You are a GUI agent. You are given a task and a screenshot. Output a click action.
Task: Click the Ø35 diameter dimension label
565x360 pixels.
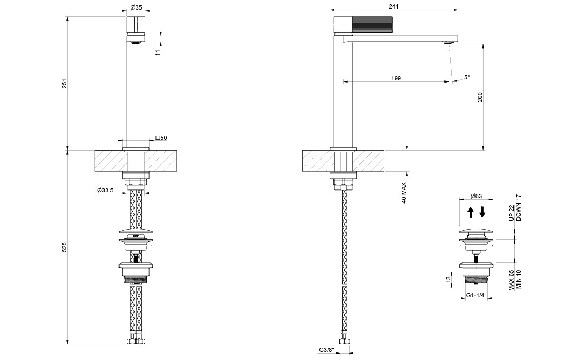tap(136, 7)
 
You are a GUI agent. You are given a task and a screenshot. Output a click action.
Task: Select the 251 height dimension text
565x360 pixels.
tap(65, 83)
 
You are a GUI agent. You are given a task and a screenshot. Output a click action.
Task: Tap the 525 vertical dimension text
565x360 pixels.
tap(65, 247)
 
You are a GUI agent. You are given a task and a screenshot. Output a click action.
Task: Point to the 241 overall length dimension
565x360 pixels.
tap(394, 6)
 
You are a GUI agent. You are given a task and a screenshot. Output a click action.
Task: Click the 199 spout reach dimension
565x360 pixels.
tap(396, 78)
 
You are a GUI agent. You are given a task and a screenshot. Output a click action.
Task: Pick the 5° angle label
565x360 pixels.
tap(467, 77)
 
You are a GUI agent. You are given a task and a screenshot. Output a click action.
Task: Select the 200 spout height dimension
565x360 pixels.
tap(480, 97)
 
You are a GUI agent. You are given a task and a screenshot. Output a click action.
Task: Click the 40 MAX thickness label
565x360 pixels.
tap(404, 193)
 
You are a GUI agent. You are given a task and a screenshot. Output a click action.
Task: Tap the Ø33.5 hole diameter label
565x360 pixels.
tap(105, 190)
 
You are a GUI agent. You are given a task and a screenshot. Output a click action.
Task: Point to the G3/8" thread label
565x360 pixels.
tap(327, 350)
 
